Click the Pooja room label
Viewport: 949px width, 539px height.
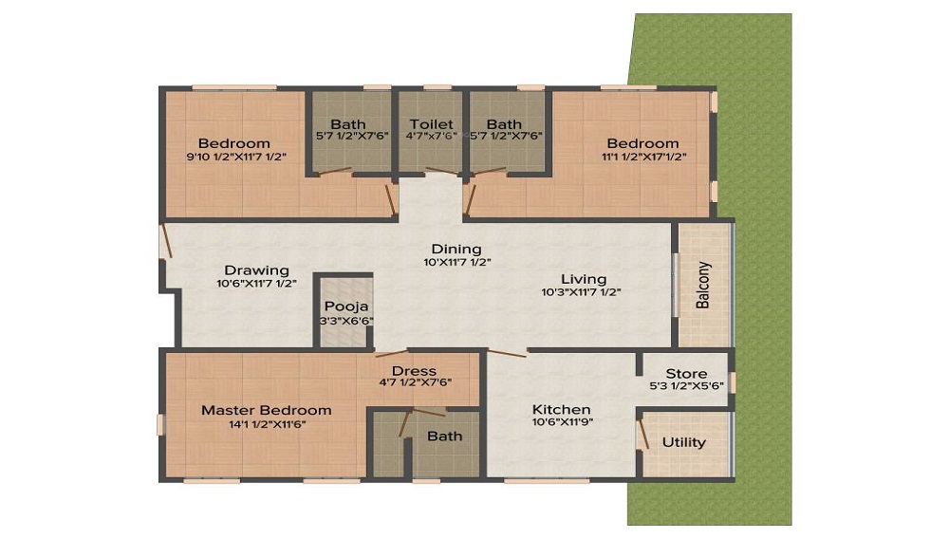(346, 307)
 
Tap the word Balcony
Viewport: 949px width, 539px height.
(702, 285)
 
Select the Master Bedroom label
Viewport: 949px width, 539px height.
(267, 410)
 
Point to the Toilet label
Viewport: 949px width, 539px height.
(432, 124)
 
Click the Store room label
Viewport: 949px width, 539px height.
(686, 374)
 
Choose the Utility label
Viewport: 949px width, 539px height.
(684, 442)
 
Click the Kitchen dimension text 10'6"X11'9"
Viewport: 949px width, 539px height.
(562, 422)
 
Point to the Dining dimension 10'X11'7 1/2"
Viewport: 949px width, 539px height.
(457, 263)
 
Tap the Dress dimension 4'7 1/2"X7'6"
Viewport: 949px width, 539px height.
(416, 382)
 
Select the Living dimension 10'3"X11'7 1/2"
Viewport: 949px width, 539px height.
(581, 292)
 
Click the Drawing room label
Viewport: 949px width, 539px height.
(256, 270)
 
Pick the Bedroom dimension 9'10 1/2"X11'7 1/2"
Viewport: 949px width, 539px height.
(236, 157)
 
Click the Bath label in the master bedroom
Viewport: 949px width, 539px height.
(445, 437)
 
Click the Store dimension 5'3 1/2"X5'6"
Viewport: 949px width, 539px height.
(687, 385)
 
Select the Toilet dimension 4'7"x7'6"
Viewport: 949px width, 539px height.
(432, 136)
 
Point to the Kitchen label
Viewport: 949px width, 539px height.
(562, 410)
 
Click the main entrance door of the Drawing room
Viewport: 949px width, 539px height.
(166, 241)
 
